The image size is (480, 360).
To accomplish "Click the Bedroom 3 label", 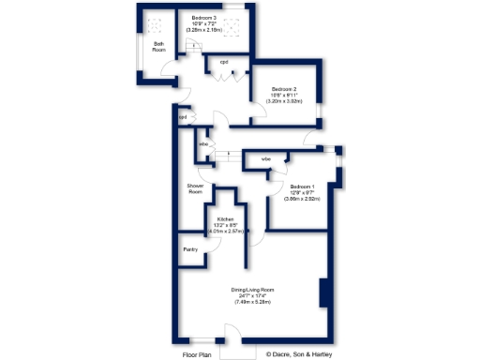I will pyautogui.click(x=204, y=18).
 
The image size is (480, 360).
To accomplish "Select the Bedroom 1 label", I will pyautogui.click(x=302, y=187).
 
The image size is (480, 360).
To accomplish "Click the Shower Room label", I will pyautogui.click(x=195, y=188).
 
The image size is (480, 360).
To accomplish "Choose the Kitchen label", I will pyautogui.click(x=225, y=219).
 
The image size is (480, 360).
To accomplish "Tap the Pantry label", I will pyautogui.click(x=190, y=249).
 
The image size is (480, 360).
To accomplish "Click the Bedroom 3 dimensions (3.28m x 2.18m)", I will pyautogui.click(x=204, y=30).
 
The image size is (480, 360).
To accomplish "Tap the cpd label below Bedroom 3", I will pyautogui.click(x=224, y=62).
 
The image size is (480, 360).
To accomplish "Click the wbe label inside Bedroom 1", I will pyautogui.click(x=266, y=159).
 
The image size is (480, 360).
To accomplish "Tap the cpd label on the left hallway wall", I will pyautogui.click(x=184, y=117).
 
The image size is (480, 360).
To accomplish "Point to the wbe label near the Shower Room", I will pyautogui.click(x=202, y=143).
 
